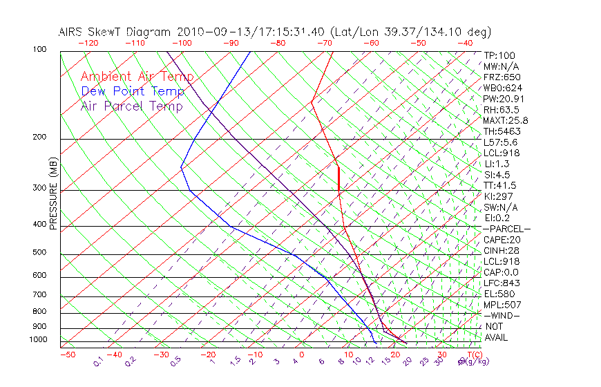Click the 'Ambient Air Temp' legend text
[137, 77]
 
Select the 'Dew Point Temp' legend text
[133, 91]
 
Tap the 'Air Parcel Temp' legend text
[131, 106]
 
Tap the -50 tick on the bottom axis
[67, 355]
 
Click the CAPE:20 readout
[501, 240]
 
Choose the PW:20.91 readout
[504, 99]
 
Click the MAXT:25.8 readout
[506, 120]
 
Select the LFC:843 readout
[502, 283]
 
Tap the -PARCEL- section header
[506, 229]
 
